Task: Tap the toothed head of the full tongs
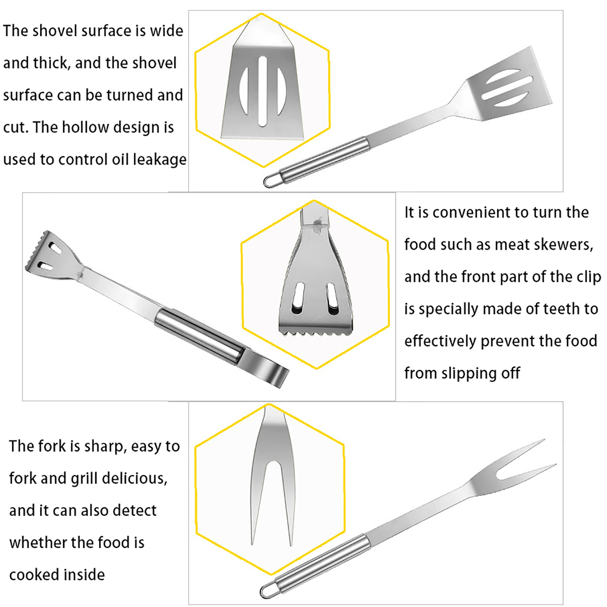coord(51,254)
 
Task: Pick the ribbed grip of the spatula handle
coord(325,159)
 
